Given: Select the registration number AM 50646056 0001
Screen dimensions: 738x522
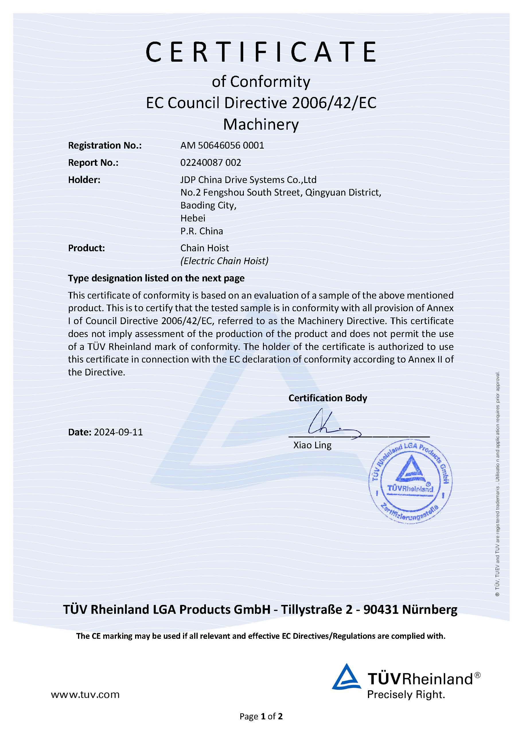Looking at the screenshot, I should point(222,145).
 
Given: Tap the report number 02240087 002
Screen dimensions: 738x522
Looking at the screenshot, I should point(211,163).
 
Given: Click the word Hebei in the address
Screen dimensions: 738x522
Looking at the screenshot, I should point(193,218).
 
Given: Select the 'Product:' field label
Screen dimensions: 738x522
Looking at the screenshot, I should point(86,248).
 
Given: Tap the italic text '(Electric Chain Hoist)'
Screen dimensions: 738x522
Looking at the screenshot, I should point(224,261).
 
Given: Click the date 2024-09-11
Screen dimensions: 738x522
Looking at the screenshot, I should point(118,432).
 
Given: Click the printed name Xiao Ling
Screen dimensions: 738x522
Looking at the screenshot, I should point(312,445).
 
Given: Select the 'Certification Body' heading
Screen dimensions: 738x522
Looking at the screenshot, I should point(328,398).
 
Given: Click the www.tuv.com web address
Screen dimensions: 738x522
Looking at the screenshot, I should point(85,695).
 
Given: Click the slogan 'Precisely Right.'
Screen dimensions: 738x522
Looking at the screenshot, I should point(406,695).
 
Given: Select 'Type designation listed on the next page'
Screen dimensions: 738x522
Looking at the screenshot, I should point(156,278).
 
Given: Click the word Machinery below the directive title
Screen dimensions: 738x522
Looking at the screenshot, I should point(261,125).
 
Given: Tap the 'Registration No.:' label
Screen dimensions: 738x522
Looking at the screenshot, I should point(105,145).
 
